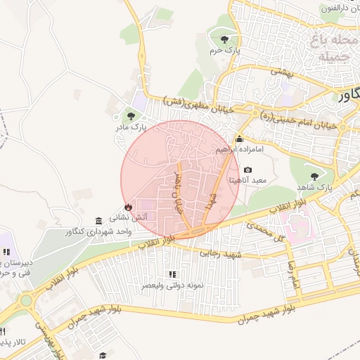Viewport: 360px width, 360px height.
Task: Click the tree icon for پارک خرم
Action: (x=224, y=39)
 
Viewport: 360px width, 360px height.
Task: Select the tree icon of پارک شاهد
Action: (x=314, y=176)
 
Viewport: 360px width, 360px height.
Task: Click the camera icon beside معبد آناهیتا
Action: (x=247, y=169)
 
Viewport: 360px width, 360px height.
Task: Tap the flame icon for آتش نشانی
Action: (x=128, y=207)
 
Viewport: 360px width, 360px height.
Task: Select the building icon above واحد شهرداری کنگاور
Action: (x=98, y=221)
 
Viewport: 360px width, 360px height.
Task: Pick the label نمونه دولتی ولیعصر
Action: (x=173, y=285)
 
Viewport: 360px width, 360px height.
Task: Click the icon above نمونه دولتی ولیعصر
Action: (x=172, y=274)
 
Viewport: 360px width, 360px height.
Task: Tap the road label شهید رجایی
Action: (x=221, y=253)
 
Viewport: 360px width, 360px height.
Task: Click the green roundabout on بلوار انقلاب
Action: (x=27, y=301)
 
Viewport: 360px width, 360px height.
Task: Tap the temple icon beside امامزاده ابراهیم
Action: (x=240, y=139)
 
